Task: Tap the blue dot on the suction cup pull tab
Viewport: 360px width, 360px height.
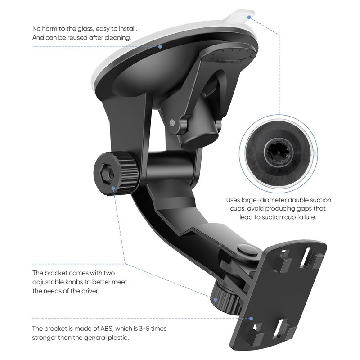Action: point(249,17)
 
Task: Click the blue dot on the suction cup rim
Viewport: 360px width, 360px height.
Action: point(160,47)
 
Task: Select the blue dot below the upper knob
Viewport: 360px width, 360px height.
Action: point(113,189)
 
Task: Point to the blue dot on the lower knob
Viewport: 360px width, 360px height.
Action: point(216,300)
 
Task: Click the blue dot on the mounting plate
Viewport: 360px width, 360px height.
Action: point(251,319)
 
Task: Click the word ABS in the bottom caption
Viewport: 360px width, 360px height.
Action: point(107,328)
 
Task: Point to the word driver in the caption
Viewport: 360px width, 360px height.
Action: point(90,291)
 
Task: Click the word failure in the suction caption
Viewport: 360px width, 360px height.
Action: point(307,217)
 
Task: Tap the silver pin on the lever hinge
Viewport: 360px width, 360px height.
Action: point(172,123)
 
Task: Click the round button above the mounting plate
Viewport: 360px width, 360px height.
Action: point(247,251)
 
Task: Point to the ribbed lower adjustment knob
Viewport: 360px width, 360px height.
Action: point(226,299)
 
